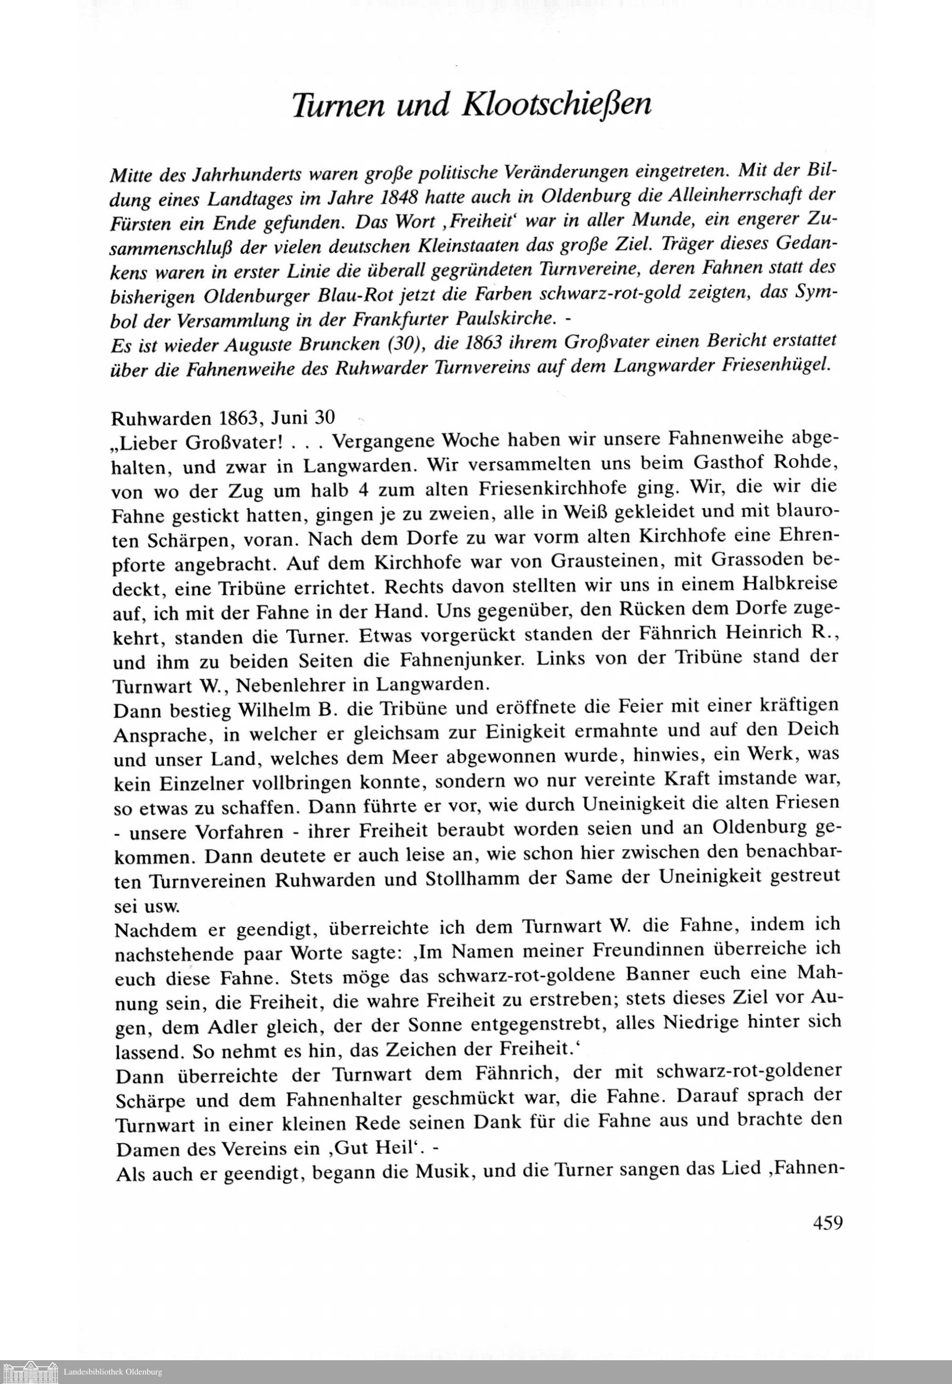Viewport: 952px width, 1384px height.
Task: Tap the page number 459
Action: coord(827,1223)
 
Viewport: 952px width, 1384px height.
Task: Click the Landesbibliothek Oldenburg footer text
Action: coord(113,1372)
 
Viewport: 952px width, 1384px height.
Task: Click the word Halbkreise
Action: coord(790,583)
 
